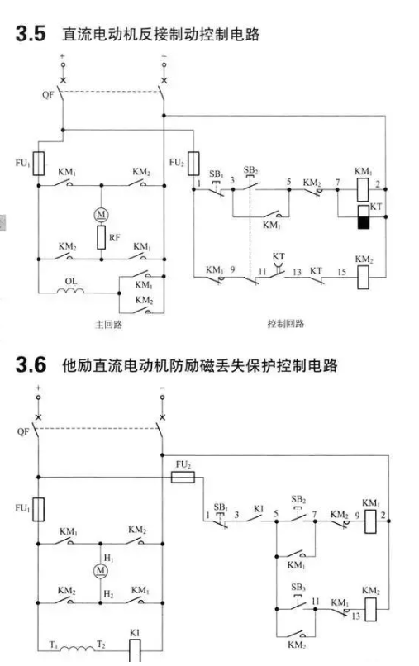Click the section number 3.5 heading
click(31, 34)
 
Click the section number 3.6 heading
click(31, 365)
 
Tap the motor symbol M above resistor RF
click(101, 215)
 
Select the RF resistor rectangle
click(101, 237)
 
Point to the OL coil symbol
click(70, 291)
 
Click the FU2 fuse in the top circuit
click(193, 164)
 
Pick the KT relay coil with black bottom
click(363, 217)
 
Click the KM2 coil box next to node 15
click(363, 278)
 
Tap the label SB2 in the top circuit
click(250, 170)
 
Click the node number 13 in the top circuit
click(297, 272)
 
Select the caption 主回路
click(108, 325)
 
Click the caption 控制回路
click(286, 324)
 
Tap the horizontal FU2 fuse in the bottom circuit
click(183, 478)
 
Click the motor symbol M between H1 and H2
click(100, 570)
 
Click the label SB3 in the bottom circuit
click(298, 588)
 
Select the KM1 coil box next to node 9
click(370, 521)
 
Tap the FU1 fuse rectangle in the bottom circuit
click(39, 509)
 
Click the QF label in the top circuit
click(48, 95)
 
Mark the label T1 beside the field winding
click(54, 645)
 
